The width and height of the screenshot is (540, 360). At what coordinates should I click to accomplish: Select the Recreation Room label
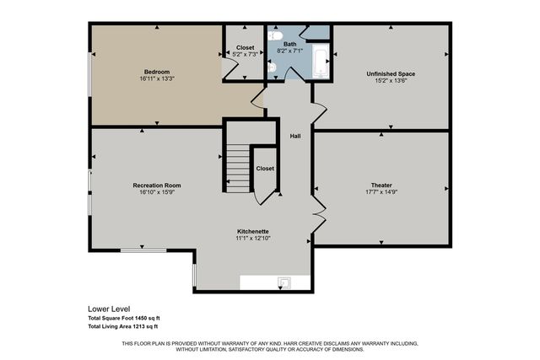(156, 185)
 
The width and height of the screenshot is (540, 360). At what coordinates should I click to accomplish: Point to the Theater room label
(381, 185)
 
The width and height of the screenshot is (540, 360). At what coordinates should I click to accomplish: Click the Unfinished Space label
(391, 73)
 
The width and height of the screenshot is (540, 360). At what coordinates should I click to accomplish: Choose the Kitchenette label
(253, 231)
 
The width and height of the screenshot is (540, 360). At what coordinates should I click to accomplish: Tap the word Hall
(295, 136)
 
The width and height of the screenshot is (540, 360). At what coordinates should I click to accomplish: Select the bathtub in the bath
(321, 62)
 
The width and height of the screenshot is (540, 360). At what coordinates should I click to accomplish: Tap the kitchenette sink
(284, 282)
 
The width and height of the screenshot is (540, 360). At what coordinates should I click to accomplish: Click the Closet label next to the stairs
(265, 168)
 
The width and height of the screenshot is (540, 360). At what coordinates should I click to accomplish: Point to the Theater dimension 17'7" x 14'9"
(381, 192)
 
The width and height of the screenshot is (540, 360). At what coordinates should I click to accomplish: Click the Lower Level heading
(110, 309)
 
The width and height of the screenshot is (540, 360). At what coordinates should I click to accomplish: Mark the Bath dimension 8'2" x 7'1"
(289, 51)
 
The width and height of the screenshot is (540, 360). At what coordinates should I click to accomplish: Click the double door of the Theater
(317, 215)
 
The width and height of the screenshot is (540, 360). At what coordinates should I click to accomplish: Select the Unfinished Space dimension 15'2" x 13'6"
(391, 81)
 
